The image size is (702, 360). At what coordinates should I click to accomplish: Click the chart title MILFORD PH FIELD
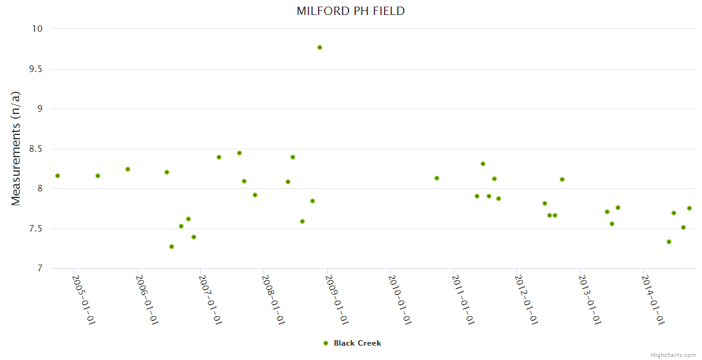350,11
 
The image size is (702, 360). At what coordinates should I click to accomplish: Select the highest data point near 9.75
320,47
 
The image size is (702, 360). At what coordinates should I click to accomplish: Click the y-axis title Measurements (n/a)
16,148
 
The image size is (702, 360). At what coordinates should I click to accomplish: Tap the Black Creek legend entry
352,343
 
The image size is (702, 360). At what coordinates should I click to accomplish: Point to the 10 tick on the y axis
37,29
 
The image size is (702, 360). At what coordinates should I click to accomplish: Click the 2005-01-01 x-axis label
84,300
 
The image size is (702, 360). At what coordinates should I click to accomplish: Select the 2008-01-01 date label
274,300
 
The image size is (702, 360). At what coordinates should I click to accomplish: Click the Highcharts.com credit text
673,355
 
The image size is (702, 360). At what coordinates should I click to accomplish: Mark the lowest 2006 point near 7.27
172,247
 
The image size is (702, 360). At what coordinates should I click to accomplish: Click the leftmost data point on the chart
58,176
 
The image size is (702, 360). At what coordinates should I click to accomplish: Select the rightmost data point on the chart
689,208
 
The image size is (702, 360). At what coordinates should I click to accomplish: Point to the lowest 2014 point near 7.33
669,242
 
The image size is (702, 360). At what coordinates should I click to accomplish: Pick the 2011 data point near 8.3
483,164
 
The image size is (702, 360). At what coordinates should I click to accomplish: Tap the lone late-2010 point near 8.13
437,178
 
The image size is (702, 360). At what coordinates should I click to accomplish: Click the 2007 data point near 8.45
239,153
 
